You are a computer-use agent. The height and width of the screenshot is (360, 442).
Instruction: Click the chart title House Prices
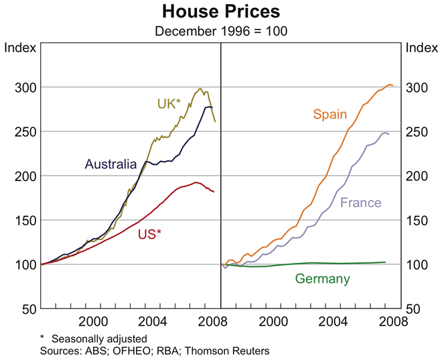click(x=220, y=11)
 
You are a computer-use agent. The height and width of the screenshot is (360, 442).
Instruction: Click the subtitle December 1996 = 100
click(x=220, y=31)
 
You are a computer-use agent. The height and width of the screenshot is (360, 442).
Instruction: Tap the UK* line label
click(x=169, y=104)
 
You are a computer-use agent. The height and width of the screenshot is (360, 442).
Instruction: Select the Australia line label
click(x=110, y=164)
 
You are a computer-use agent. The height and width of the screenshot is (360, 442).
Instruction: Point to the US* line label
click(x=150, y=234)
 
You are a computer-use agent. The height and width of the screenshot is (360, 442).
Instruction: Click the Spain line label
click(x=329, y=114)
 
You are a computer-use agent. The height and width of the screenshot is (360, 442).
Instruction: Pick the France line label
click(x=360, y=202)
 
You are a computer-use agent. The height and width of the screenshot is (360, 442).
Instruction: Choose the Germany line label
click(x=323, y=279)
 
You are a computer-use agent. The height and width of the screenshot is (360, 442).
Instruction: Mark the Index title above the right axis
click(x=421, y=48)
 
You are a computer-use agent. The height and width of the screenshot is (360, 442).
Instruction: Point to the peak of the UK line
click(x=200, y=88)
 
